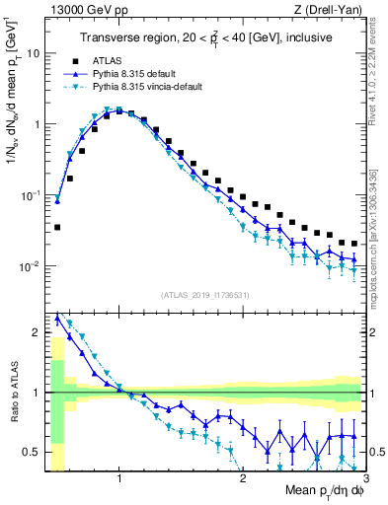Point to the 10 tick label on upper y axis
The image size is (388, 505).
(36, 53)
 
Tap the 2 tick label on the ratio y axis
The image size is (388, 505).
(38, 332)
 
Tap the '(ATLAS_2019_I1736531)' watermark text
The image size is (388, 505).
(205, 295)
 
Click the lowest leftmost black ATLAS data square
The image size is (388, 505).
(57, 227)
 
